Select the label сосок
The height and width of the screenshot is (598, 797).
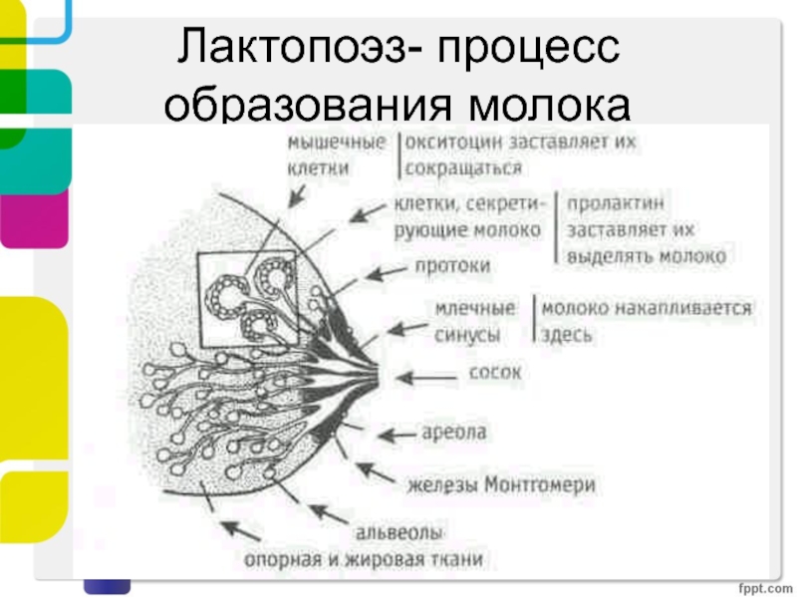coord(494,374)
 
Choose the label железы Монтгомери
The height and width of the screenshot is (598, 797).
coord(501,485)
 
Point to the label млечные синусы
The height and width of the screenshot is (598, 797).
coord(474,321)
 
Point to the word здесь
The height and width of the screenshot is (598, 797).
coord(565,335)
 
